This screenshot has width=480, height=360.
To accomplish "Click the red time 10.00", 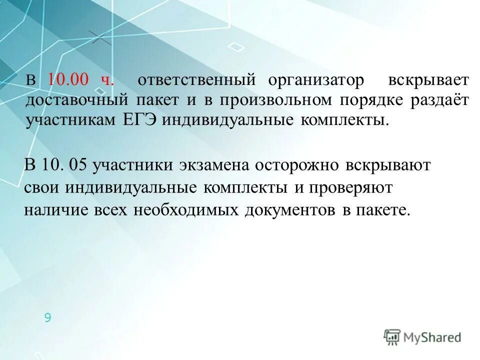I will tap(68, 80).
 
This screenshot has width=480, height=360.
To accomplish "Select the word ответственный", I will tap(196, 80).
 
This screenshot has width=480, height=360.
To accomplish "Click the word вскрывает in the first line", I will tap(428, 80).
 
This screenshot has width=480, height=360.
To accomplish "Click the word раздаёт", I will tap(440, 100).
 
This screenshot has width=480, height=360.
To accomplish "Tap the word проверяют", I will tap(351, 188).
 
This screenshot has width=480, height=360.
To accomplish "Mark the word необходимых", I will tap(186, 210).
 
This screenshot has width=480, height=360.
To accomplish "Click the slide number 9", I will tap(47, 317).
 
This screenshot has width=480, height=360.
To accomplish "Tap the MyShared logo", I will tap(422, 337).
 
